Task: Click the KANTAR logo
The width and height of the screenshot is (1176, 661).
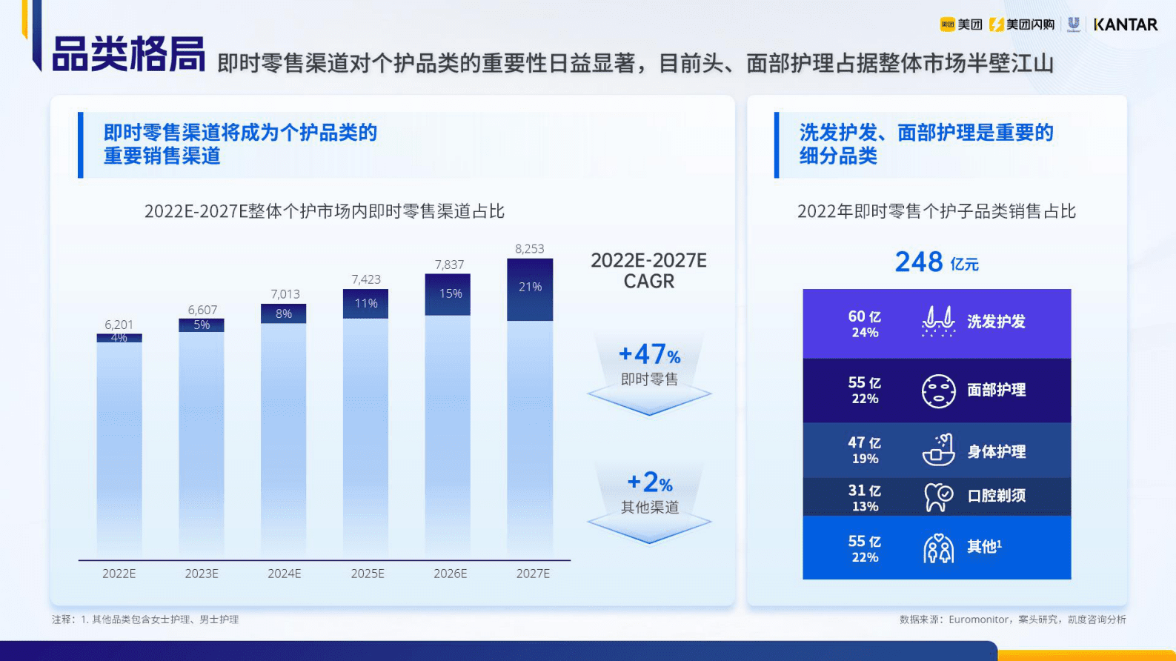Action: pyautogui.click(x=1125, y=24)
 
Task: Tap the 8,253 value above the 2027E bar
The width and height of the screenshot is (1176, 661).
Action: pyautogui.click(x=529, y=249)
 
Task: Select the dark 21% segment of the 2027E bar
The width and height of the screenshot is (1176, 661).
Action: pyautogui.click(x=530, y=290)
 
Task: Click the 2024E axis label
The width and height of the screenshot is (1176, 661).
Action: pyautogui.click(x=285, y=574)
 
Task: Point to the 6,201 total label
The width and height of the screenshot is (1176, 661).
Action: pyautogui.click(x=119, y=325)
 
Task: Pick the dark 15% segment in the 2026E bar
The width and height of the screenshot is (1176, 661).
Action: pyautogui.click(x=448, y=295)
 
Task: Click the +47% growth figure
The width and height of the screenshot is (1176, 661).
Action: pyautogui.click(x=649, y=354)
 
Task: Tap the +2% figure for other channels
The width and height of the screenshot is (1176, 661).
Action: pyautogui.click(x=649, y=482)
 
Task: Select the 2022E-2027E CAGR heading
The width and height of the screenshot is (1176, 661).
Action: pyautogui.click(x=648, y=270)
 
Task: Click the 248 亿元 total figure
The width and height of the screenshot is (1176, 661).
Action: pyautogui.click(x=936, y=262)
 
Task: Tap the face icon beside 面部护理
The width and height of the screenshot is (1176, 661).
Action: pyautogui.click(x=938, y=391)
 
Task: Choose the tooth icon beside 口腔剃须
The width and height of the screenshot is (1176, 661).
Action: pyautogui.click(x=937, y=496)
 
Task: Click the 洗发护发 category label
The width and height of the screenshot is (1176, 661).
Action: pyautogui.click(x=996, y=322)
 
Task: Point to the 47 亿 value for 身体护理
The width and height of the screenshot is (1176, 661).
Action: pyautogui.click(x=864, y=442)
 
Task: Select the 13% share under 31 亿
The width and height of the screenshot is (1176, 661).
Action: pyautogui.click(x=865, y=507)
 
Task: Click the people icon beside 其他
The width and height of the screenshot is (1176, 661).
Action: pyautogui.click(x=938, y=548)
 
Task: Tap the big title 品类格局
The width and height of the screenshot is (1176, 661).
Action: pyautogui.click(x=129, y=54)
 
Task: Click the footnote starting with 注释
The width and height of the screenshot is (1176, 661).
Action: pyautogui.click(x=145, y=620)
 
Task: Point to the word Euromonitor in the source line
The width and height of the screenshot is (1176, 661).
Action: pyautogui.click(x=978, y=620)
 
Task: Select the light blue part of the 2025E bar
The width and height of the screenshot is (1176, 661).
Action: pyautogui.click(x=365, y=437)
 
